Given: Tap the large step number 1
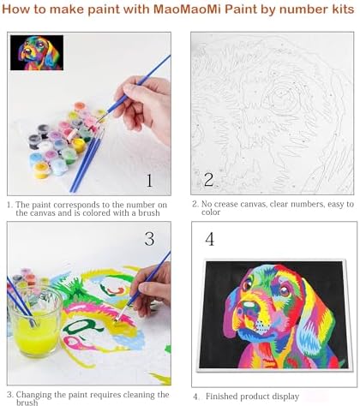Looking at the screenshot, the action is click(x=149, y=181).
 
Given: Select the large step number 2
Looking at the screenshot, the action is click(x=208, y=180).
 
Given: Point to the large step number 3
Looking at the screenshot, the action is click(x=149, y=239).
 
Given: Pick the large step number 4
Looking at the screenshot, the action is click(x=209, y=239).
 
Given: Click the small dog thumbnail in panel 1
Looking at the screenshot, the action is click(x=37, y=52).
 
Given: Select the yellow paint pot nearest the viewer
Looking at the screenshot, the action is click(x=42, y=170).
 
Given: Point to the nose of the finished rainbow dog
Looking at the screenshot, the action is click(x=248, y=306).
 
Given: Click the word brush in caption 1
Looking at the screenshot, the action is click(x=149, y=213).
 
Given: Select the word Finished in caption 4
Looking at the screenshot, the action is click(x=222, y=397).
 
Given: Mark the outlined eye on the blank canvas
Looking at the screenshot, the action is click(x=282, y=98).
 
